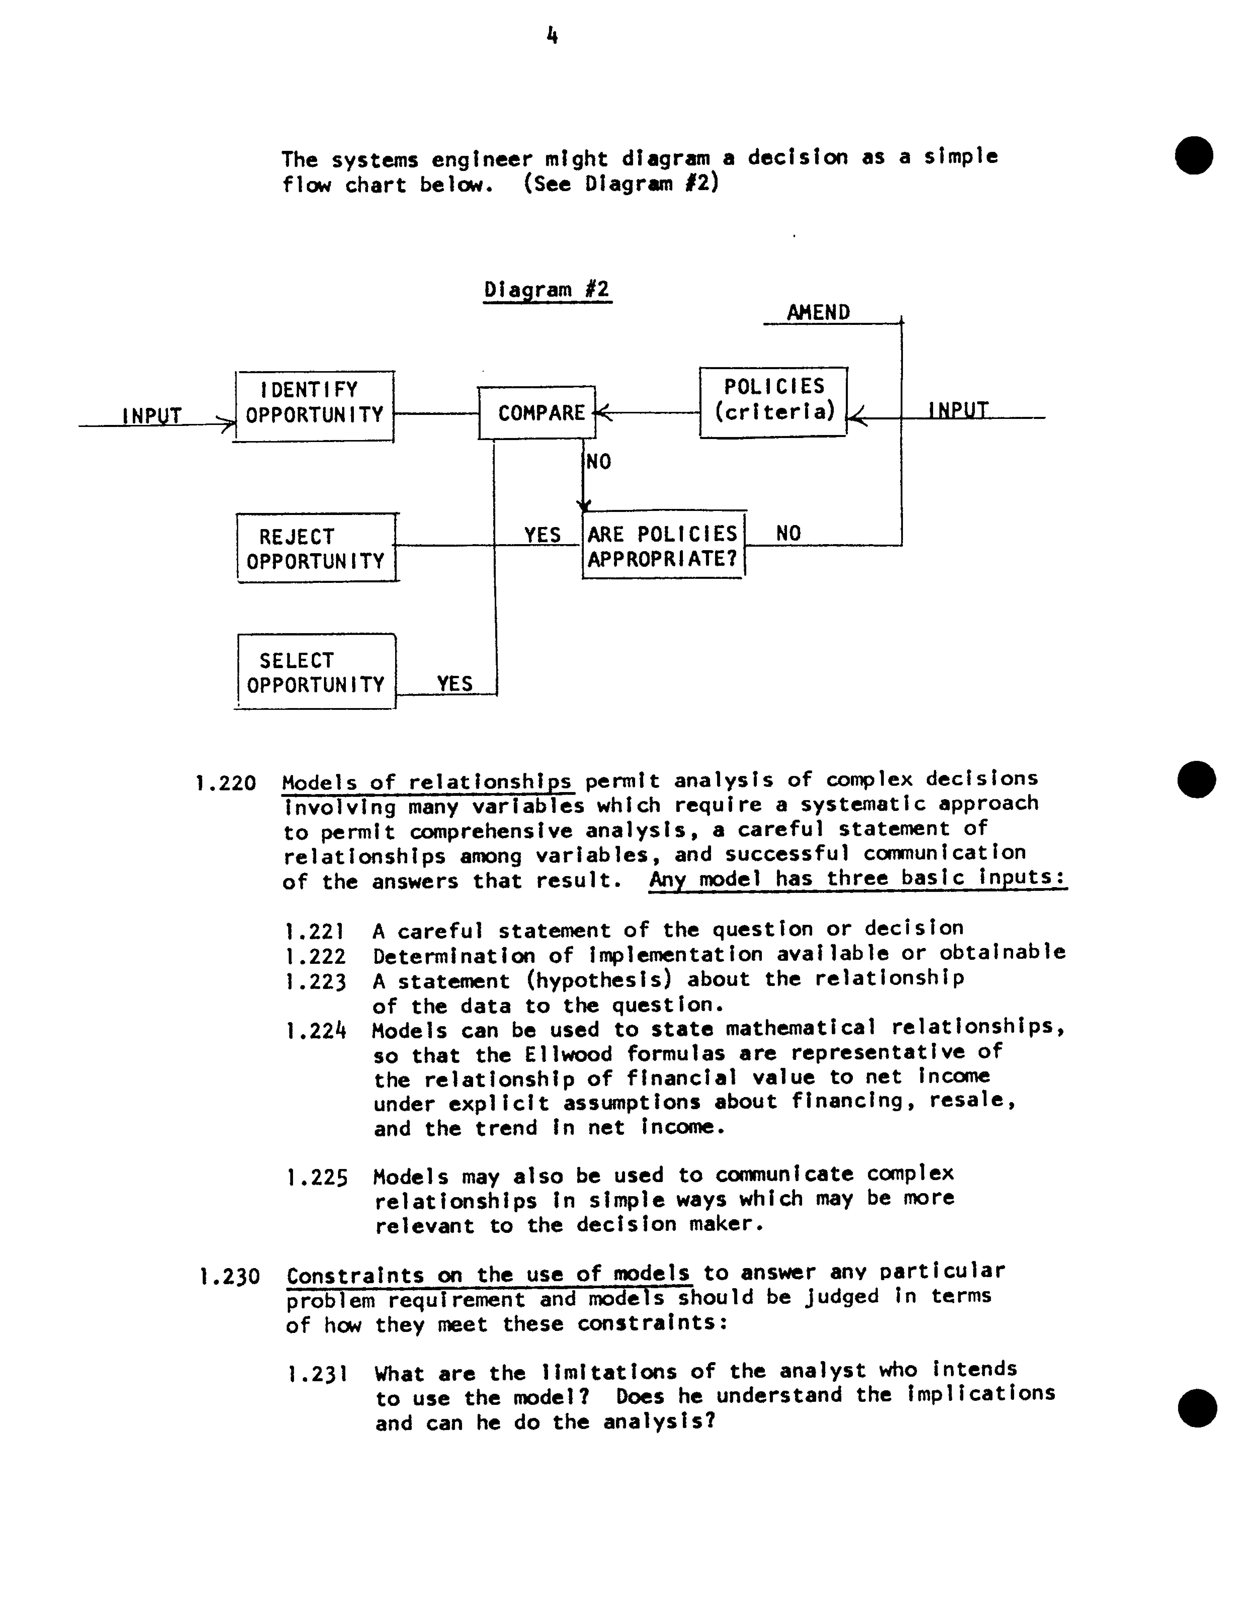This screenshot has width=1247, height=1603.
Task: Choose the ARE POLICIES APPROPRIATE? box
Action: click(x=663, y=545)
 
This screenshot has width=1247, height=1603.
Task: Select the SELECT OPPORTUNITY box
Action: click(x=316, y=672)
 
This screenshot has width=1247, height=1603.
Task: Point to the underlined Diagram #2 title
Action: click(x=547, y=289)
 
